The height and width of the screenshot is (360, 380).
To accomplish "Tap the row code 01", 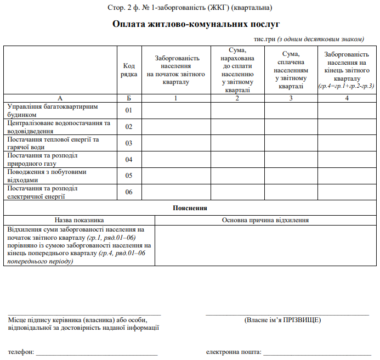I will click(x=129, y=110).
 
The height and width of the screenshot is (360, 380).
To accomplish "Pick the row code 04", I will click(x=129, y=160).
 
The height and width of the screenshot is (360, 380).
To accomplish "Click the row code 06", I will click(x=129, y=192).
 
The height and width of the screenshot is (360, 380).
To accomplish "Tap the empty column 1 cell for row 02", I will click(x=175, y=127).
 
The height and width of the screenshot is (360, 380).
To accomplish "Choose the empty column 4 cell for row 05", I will click(x=347, y=176).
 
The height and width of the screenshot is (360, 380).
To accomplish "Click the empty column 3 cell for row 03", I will click(x=291, y=143).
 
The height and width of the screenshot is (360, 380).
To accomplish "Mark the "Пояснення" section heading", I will click(x=190, y=208).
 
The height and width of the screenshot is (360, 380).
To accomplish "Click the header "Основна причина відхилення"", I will click(x=265, y=220).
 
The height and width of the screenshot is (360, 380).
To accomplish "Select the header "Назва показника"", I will click(x=80, y=220).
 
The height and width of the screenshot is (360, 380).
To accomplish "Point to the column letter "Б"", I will click(x=129, y=98).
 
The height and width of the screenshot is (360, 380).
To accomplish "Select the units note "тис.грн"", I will click(x=264, y=39).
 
